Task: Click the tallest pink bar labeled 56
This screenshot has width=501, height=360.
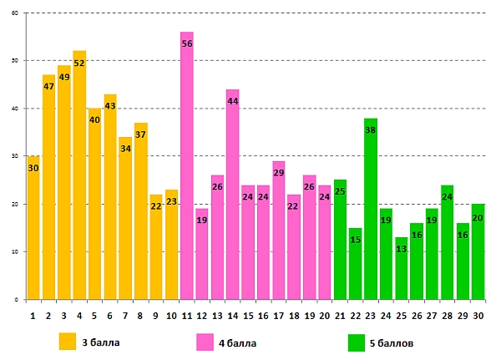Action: [187, 175]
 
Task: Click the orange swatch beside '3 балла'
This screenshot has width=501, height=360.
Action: [68, 342]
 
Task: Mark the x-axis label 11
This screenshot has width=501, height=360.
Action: [187, 315]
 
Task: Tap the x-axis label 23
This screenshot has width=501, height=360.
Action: [370, 315]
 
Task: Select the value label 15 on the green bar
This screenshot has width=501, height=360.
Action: [355, 240]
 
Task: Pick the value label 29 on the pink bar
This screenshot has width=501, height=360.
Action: [279, 173]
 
